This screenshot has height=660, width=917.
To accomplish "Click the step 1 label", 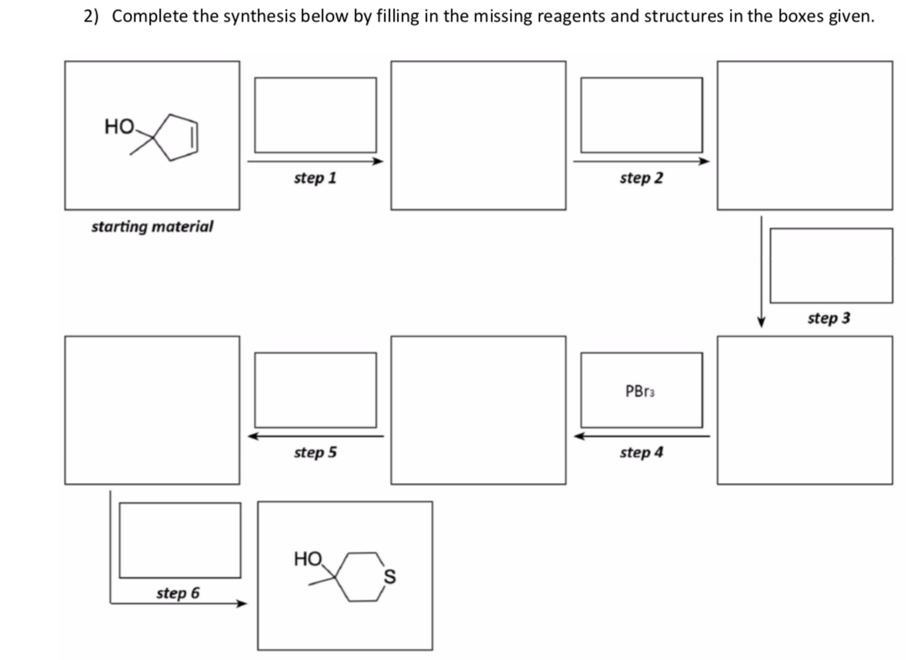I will click(x=315, y=178).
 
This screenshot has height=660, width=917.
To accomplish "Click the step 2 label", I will click(x=641, y=178).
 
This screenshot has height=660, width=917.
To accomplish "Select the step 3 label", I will click(x=829, y=318).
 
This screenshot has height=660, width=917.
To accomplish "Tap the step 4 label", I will click(x=641, y=452).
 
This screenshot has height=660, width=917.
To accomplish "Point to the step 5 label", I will click(x=315, y=452).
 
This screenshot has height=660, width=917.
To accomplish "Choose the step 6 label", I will click(x=178, y=593).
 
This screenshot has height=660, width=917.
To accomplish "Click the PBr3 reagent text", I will click(x=641, y=391).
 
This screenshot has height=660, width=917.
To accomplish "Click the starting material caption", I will click(x=152, y=227).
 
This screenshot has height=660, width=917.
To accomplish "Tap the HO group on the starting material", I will click(x=119, y=127).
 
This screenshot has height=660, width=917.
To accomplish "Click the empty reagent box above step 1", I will click(x=315, y=115).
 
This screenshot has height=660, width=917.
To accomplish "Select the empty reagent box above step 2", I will click(x=641, y=115).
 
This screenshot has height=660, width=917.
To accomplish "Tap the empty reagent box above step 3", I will click(x=831, y=265).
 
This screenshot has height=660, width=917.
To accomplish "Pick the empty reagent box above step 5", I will click(x=315, y=389).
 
